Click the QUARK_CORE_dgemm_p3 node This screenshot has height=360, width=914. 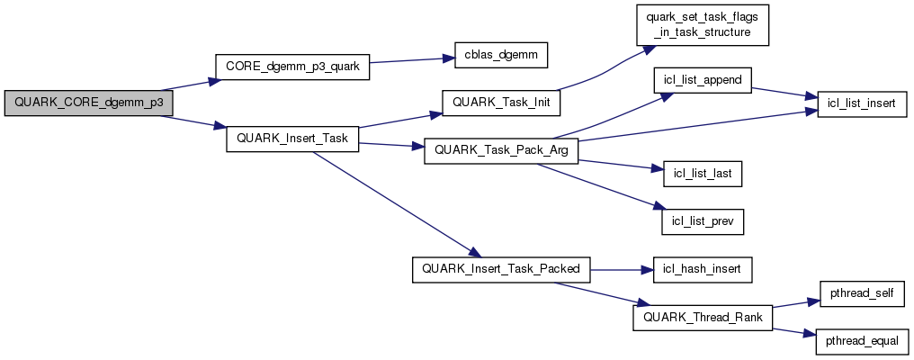(88, 103)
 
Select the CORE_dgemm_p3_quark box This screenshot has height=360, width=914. (292, 67)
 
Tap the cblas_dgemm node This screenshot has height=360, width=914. (495, 57)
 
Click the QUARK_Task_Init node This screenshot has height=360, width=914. (501, 103)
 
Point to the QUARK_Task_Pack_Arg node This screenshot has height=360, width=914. (501, 149)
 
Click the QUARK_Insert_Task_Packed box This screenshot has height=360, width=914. (501, 267)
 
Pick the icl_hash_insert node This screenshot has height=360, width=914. (702, 267)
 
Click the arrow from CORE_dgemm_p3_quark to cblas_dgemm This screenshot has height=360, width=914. (407, 60)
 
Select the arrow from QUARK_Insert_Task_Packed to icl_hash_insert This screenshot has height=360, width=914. (621, 267)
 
